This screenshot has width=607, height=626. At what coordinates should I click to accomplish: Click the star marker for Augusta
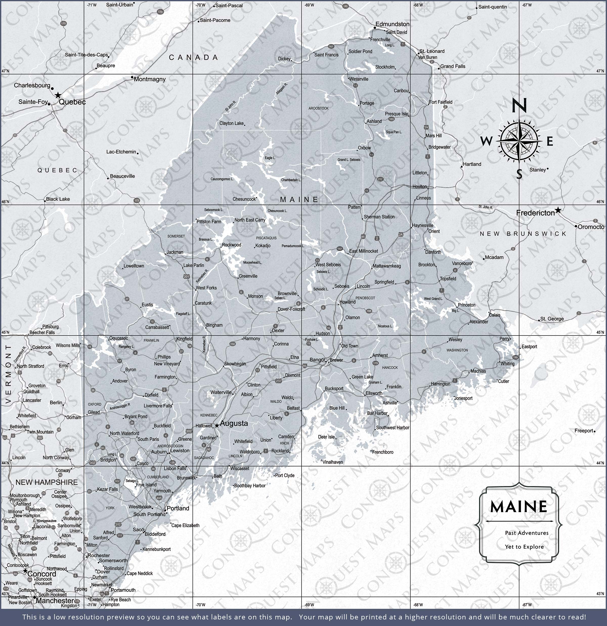click(217, 425)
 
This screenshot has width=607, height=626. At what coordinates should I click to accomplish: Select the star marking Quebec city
click(58, 95)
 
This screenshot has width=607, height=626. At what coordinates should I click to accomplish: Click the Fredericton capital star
click(557, 210)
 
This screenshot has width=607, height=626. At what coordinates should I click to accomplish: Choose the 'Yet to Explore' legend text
click(524, 547)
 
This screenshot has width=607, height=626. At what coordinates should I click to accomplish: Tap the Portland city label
click(178, 508)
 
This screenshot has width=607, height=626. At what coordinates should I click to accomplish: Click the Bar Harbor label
click(377, 413)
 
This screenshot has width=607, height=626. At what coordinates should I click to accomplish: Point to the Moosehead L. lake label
click(252, 262)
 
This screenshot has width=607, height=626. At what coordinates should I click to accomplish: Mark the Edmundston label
click(392, 24)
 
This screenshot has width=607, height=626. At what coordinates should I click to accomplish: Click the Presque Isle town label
click(396, 114)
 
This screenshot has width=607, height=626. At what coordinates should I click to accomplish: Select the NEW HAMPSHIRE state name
click(47, 482)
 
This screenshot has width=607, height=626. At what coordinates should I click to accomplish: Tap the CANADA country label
click(193, 57)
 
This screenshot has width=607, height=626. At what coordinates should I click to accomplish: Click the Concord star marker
click(25, 570)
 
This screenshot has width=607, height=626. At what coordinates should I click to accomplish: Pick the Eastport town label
click(529, 347)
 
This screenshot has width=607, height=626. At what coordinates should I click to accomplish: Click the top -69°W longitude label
click(309, 5)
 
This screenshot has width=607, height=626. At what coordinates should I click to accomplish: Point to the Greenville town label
click(248, 276)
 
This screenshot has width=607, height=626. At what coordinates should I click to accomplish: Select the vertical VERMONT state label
click(8, 374)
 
